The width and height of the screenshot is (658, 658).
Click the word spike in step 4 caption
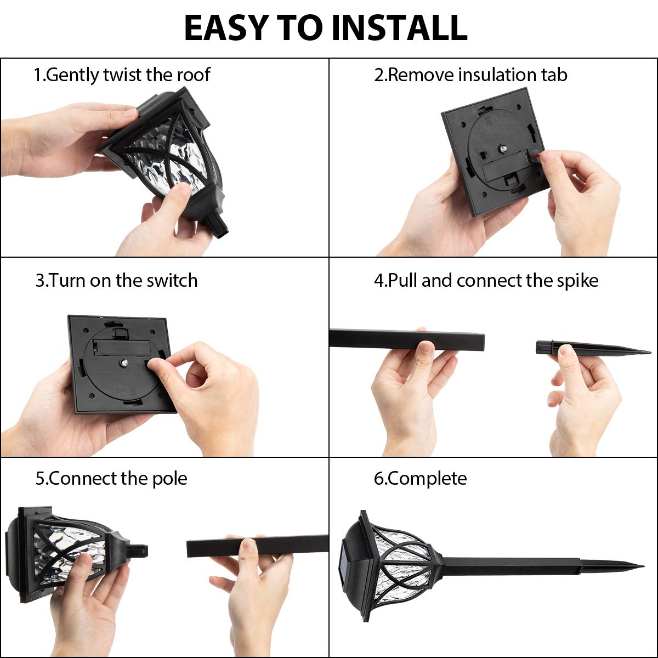click(577, 281)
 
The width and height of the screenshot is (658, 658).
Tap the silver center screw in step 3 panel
click(125, 362)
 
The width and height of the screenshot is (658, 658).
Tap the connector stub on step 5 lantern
click(138, 550)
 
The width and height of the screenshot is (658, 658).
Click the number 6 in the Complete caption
click(378, 479)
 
